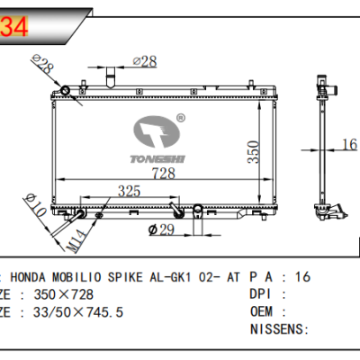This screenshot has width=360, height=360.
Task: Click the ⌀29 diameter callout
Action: click(162, 230)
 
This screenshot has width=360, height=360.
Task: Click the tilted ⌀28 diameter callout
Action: click(41, 65)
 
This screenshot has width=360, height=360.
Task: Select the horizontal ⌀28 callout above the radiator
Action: click(146, 60)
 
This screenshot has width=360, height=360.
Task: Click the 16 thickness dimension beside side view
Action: click(349, 143)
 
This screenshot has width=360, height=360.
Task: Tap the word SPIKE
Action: click(143, 277)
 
